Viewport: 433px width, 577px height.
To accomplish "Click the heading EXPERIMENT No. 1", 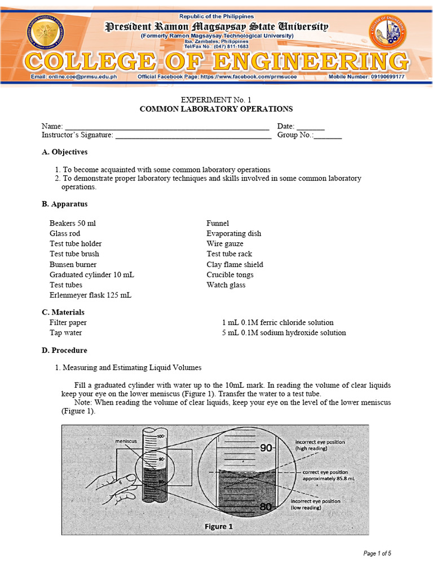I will [216, 99].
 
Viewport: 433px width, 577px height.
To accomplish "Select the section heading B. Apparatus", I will [64, 204].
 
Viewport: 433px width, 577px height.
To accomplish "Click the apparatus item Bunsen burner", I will [73, 264].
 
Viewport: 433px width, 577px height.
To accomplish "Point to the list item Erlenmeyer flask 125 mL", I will [90, 295].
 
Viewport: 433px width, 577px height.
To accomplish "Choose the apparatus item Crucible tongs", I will [230, 274].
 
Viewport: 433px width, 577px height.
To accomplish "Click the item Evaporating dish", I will [234, 233].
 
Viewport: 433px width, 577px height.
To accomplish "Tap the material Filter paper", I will [68, 322].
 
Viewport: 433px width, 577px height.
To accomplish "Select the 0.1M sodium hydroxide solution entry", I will [284, 332].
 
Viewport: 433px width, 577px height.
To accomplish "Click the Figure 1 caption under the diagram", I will [218, 526].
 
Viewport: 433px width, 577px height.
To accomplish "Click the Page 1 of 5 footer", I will [377, 553].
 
